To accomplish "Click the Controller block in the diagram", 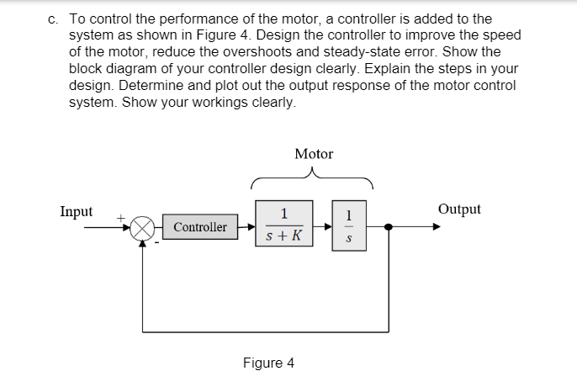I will pos(200,227).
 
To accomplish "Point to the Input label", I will pos(77,211).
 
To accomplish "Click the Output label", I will pos(459,209).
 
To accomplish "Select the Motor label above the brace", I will pos(314,154).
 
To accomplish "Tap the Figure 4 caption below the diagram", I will pos(268,363).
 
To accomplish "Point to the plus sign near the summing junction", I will pos(120,218).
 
